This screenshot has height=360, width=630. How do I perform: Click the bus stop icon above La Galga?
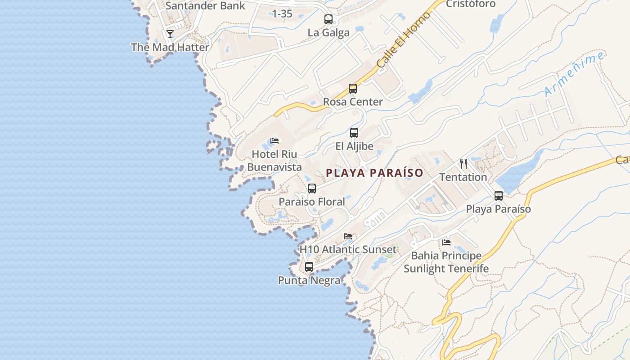click(328, 19)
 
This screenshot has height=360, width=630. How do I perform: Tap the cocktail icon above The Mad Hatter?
click(170, 34)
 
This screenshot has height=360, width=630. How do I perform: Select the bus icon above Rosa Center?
click(353, 89)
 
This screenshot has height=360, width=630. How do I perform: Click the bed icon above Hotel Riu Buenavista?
click(274, 141)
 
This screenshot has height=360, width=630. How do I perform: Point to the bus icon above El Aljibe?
click(354, 133)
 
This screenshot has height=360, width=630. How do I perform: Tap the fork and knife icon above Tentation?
click(463, 164)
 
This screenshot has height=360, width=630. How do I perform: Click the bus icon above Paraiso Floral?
click(312, 189)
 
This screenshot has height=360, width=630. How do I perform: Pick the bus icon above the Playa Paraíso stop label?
click(499, 196)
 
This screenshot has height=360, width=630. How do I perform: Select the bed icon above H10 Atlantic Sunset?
click(348, 236)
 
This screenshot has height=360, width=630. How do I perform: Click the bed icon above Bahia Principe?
click(446, 242)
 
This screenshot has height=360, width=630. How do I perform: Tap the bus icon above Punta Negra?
click(309, 267)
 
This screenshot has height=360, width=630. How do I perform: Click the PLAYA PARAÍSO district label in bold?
click(374, 173)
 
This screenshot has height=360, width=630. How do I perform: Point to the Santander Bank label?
click(205, 6)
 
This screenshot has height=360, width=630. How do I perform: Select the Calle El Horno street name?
click(403, 40)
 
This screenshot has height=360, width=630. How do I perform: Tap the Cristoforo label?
click(471, 4)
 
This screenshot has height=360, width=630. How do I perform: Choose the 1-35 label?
click(282, 14)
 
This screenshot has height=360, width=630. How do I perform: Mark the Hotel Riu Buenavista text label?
click(274, 161)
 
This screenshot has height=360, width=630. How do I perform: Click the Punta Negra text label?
click(309, 280)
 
